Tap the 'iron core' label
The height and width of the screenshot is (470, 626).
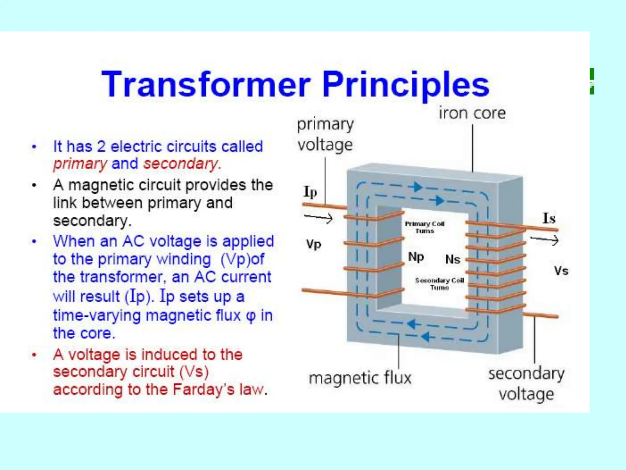click(472, 113)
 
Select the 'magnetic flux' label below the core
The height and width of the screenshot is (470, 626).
click(360, 378)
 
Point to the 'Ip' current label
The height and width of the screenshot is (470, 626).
click(310, 192)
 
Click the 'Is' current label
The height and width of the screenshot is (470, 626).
click(549, 218)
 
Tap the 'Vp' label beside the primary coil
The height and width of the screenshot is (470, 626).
click(314, 244)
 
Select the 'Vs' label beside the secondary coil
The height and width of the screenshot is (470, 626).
click(561, 271)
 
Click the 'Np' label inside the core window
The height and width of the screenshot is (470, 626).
click(416, 257)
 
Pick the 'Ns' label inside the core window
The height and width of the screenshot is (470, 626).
click(453, 260)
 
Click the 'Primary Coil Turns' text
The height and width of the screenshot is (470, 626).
click(425, 227)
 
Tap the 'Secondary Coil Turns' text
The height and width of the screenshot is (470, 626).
click(439, 284)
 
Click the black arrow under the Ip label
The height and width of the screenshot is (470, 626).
click(318, 218)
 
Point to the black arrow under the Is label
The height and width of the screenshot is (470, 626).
click(544, 240)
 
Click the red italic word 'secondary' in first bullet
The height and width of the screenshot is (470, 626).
click(181, 164)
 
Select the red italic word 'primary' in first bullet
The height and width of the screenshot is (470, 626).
click(80, 164)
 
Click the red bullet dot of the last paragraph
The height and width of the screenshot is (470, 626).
click(34, 355)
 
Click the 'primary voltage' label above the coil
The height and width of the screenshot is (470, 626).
click(325, 135)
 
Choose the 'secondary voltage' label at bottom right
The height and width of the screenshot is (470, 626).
click(526, 384)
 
